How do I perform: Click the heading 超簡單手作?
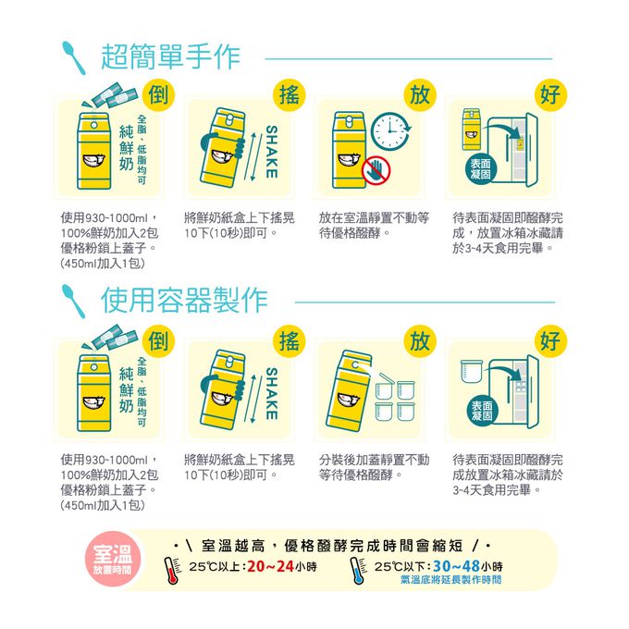click(170, 56)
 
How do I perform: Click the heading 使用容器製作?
click(184, 300)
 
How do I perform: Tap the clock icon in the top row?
click(390, 131)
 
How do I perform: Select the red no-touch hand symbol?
click(376, 169)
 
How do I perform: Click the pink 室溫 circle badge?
click(113, 559)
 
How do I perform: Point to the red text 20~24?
click(271, 566)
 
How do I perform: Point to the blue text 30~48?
click(457, 566)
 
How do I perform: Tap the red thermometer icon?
click(172, 570)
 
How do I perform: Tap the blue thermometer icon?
click(357, 570)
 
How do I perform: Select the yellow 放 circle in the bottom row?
click(420, 340)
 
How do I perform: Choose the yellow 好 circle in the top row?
click(550, 94)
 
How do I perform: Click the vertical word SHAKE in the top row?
click(272, 152)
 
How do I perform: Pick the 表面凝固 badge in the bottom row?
click(481, 411)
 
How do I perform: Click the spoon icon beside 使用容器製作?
click(73, 301)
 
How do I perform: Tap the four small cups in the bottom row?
click(395, 399)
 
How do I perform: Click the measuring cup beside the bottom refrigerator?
click(472, 372)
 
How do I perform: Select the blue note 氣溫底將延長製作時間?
click(450, 579)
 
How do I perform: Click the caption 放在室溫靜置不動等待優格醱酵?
click(374, 225)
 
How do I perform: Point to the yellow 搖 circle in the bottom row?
click(290, 340)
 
